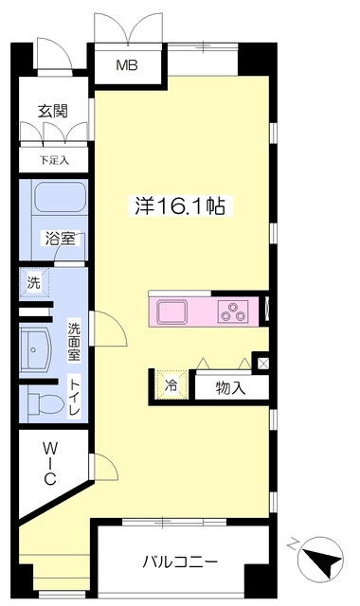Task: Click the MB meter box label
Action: click(x=127, y=65)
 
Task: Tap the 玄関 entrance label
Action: click(x=53, y=112)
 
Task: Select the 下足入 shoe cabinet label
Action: click(x=54, y=160)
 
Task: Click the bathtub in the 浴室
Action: click(x=60, y=197)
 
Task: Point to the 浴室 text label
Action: click(x=60, y=239)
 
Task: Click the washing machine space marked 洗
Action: click(x=34, y=283)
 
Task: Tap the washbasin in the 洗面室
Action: click(x=36, y=349)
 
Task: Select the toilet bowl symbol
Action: click(x=45, y=404)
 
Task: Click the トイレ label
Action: click(x=74, y=398)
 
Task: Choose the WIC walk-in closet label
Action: click(x=50, y=464)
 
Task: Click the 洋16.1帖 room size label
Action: click(x=180, y=206)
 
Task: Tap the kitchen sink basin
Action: click(x=172, y=312)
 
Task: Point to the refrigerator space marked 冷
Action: click(x=171, y=385)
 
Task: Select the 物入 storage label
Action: click(x=231, y=387)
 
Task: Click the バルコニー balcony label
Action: click(x=180, y=561)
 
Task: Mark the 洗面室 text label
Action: click(x=74, y=342)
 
